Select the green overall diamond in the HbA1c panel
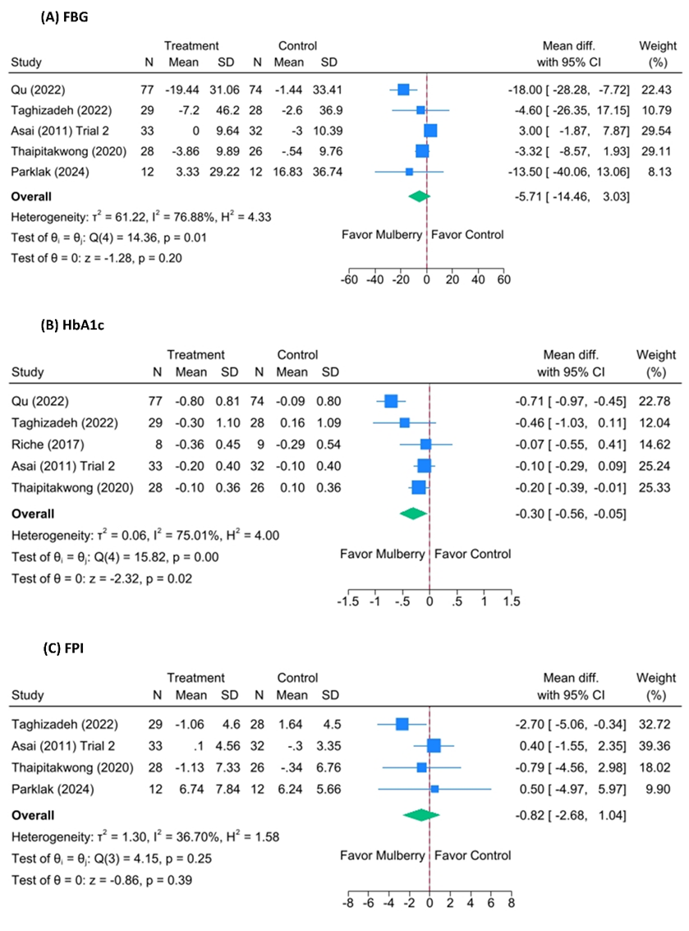(413, 514)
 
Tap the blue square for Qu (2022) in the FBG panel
(403, 88)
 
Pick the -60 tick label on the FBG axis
(349, 279)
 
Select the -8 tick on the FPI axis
(348, 906)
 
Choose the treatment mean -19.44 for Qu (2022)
(183, 88)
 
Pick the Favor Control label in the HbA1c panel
(472, 554)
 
